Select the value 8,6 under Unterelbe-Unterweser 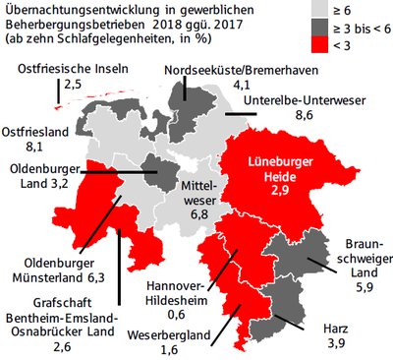tap(289, 115)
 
